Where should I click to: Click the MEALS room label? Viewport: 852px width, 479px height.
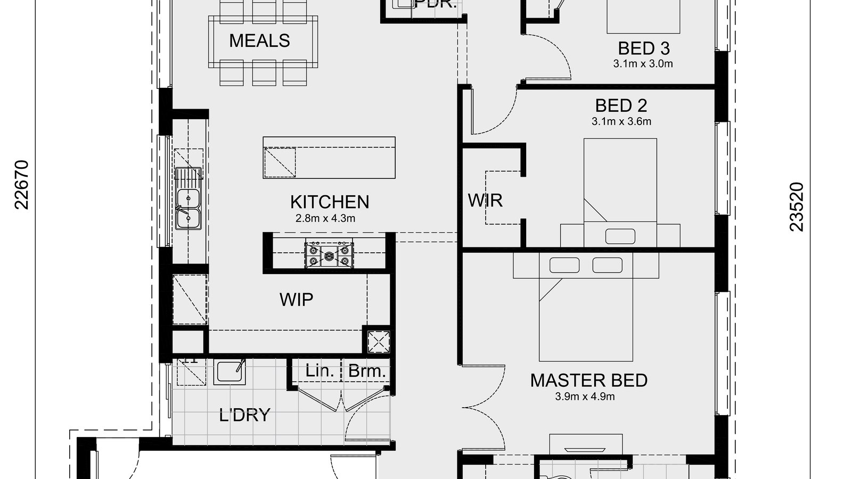pos(259,41)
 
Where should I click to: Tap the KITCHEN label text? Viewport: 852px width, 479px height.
pos(329,202)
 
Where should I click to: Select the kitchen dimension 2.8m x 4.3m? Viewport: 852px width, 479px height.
pos(325,218)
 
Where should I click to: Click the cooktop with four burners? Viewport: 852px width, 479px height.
pos(329,255)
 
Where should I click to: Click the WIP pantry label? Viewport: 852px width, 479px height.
pos(296,300)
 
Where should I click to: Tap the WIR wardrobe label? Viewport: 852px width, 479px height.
pos(485,201)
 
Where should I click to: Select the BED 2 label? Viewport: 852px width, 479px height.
pos(621,105)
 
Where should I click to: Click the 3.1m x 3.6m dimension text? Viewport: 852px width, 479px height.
pos(621,121)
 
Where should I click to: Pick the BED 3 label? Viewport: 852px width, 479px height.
pos(643,48)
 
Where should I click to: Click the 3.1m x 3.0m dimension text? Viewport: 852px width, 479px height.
pos(643,64)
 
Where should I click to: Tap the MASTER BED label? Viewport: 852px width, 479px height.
pos(588,381)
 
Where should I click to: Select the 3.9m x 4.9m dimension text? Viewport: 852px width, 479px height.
pos(585,397)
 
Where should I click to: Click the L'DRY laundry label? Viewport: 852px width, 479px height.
pos(244,415)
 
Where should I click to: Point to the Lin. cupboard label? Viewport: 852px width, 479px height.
pos(319,371)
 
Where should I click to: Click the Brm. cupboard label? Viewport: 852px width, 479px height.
pos(366,371)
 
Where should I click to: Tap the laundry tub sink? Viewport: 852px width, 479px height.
pos(230,371)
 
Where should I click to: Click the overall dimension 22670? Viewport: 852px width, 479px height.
pos(22,185)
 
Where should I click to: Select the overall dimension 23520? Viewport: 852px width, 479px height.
pos(797,207)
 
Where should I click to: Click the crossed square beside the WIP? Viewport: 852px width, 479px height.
pos(379,341)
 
